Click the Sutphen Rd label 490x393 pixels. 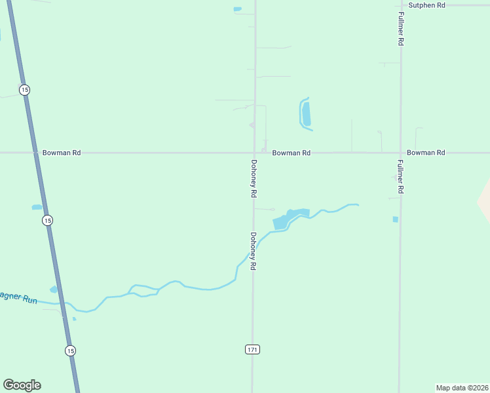pyautogui.click(x=426, y=5)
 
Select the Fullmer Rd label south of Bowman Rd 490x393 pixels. pyautogui.click(x=400, y=176)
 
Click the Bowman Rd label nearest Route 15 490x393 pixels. pyautogui.click(x=62, y=153)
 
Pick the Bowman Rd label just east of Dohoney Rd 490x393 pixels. pyautogui.click(x=292, y=153)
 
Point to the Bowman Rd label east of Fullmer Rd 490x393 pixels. pyautogui.click(x=426, y=153)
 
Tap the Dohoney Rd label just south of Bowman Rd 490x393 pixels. pyautogui.click(x=254, y=179)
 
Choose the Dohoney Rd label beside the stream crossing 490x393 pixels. pyautogui.click(x=253, y=252)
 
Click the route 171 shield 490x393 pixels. pyautogui.click(x=253, y=350)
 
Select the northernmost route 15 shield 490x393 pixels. pyautogui.click(x=24, y=90)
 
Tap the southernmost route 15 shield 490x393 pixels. pyautogui.click(x=70, y=350)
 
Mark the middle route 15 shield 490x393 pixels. pyautogui.click(x=47, y=221)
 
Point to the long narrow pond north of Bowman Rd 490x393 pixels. pyautogui.click(x=305, y=114)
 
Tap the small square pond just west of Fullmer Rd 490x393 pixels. pyautogui.click(x=395, y=219)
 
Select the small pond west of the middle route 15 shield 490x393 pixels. pyautogui.click(x=37, y=208)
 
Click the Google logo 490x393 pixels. pyautogui.click(x=22, y=385)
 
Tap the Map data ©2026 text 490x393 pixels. pyautogui.click(x=462, y=388)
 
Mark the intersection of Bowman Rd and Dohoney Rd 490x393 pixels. pyautogui.click(x=255, y=153)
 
